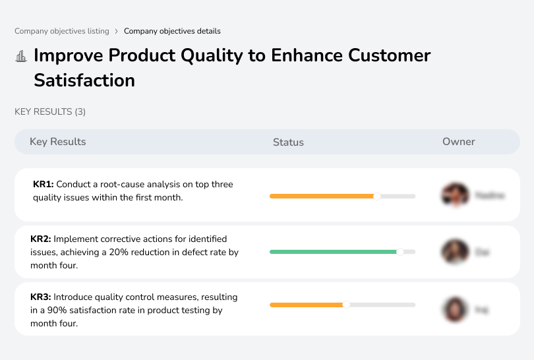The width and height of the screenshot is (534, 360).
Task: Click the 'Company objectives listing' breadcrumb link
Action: pyautogui.click(x=62, y=31)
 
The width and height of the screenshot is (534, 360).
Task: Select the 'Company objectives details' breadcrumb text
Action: pyautogui.click(x=172, y=31)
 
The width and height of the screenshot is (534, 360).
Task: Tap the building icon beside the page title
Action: pyautogui.click(x=21, y=56)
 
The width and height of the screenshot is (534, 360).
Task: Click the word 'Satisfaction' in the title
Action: pyautogui.click(x=84, y=80)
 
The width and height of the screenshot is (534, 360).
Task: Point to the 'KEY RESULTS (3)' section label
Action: pyautogui.click(x=50, y=112)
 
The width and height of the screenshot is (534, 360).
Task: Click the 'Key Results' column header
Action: pyautogui.click(x=58, y=142)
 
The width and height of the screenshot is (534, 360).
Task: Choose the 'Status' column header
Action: pyautogui.click(x=288, y=142)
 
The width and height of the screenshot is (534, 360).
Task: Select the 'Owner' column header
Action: pyautogui.click(x=459, y=142)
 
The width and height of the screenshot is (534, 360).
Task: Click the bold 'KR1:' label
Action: pyautogui.click(x=44, y=185)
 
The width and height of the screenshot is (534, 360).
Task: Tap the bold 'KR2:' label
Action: pyautogui.click(x=41, y=239)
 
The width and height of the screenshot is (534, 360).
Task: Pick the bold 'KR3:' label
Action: pyautogui.click(x=41, y=297)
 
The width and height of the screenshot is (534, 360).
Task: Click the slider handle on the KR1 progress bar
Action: pyautogui.click(x=377, y=196)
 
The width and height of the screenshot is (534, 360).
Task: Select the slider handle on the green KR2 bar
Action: pyautogui.click(x=400, y=251)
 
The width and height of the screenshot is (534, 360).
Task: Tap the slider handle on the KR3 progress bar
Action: pyautogui.click(x=346, y=305)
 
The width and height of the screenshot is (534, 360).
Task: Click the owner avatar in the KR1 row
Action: pyautogui.click(x=454, y=195)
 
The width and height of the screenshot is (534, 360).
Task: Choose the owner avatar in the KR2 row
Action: pyautogui.click(x=454, y=251)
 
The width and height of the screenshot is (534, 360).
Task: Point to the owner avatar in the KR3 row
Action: pyautogui.click(x=454, y=309)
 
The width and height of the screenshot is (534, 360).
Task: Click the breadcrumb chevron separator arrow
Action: pyautogui.click(x=117, y=31)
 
